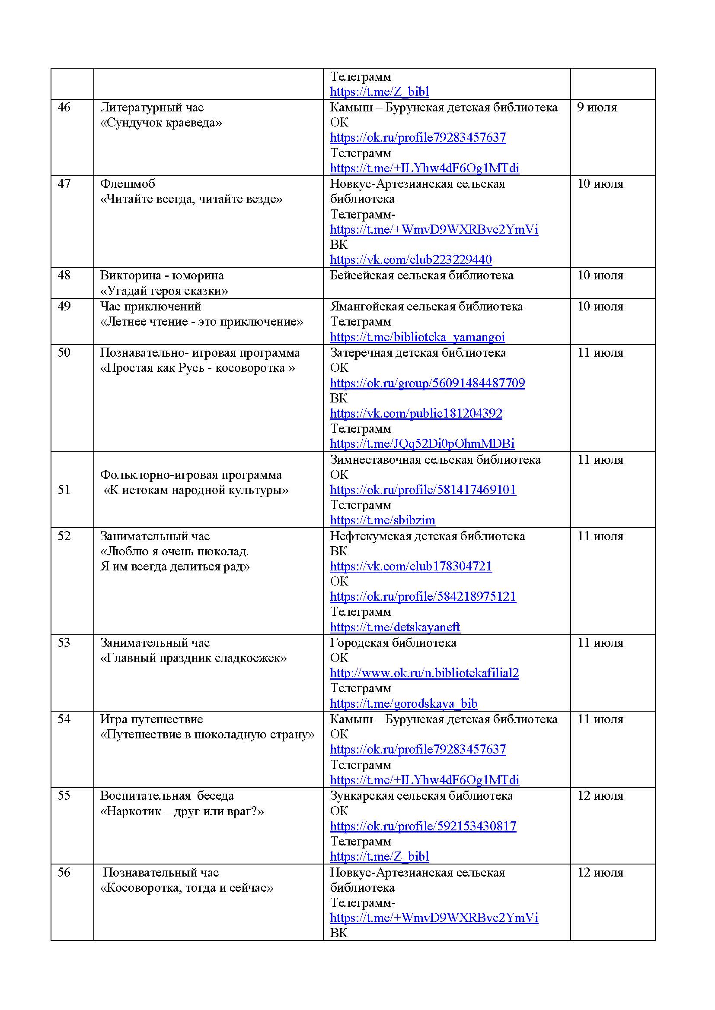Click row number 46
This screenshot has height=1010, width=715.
(64, 108)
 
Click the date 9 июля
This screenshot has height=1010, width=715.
(597, 108)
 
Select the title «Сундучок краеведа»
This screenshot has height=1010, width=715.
(161, 123)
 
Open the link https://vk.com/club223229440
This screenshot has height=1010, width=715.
(411, 260)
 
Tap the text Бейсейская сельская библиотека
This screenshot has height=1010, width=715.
(421, 275)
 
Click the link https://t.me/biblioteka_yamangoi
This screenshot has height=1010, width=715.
(418, 337)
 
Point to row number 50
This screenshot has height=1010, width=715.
(64, 352)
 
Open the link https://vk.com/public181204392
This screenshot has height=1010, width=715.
(416, 414)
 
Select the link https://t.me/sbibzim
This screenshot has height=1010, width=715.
(383, 520)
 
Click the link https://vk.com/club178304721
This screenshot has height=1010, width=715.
(411, 566)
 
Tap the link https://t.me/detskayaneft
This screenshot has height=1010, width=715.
(395, 627)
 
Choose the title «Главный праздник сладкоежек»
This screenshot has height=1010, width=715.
(193, 658)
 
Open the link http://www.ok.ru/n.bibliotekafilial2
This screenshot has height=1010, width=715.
(425, 673)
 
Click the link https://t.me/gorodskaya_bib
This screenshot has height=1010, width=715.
(404, 704)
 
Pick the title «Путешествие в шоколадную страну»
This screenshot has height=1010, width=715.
(207, 735)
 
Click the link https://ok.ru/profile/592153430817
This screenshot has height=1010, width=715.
(423, 826)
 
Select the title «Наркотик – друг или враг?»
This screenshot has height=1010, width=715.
(182, 811)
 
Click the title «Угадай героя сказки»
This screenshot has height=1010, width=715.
(164, 291)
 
